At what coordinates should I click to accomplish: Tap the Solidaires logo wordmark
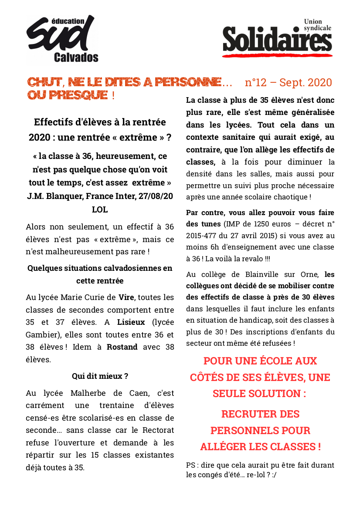click(x=277, y=40)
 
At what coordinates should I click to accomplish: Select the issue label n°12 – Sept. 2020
click(x=288, y=82)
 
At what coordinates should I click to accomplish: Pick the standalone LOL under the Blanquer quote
click(x=100, y=209)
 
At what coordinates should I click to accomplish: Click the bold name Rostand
click(x=122, y=347)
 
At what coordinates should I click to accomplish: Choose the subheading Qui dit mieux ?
click(x=100, y=376)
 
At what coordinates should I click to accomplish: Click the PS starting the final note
click(x=191, y=465)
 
